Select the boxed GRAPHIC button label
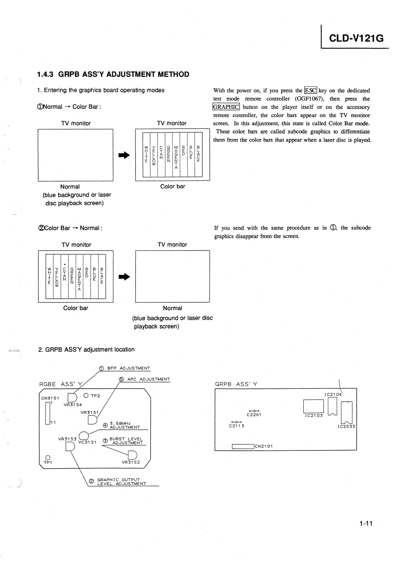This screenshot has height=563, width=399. (x=226, y=106)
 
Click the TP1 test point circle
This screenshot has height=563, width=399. (x=47, y=457)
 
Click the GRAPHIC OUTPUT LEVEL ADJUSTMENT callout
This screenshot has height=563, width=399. (x=120, y=482)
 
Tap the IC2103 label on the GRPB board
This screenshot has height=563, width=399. (x=316, y=415)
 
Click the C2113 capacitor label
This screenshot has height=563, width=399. (x=236, y=426)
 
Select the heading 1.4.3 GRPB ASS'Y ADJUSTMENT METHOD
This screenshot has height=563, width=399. (x=113, y=75)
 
